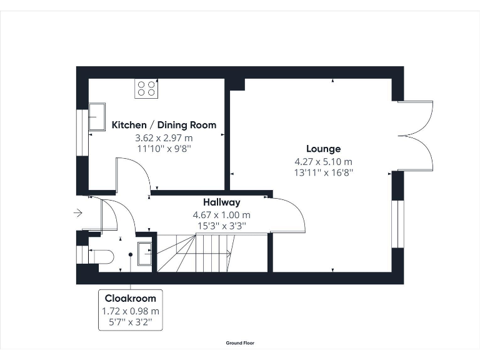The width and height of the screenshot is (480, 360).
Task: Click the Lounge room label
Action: click(323, 149)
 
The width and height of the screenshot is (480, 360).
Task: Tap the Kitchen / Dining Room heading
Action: click(164, 125)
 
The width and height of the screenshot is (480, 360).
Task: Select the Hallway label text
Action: click(221, 202)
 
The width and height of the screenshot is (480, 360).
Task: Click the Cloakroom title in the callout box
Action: click(131, 298)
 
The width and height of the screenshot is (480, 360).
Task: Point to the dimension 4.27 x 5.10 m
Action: click(323, 161)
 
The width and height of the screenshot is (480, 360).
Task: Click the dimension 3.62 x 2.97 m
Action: click(164, 137)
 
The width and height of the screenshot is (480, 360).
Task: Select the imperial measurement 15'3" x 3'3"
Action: click(221, 226)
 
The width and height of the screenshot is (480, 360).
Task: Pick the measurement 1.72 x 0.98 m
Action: click(131, 311)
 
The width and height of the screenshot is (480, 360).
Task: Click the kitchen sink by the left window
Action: click(97, 117)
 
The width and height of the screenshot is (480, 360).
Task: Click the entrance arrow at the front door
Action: click(77, 213)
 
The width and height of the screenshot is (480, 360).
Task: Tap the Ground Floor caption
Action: click(240, 343)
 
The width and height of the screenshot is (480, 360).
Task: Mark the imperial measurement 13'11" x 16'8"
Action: click(323, 173)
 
